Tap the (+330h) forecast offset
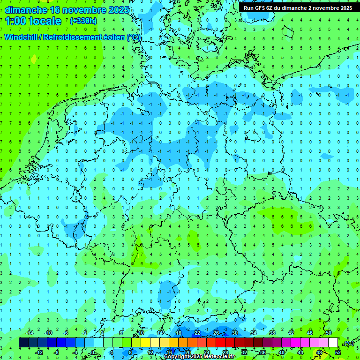click(x=83, y=21)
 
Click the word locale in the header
click(x=45, y=21)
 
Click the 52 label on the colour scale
click(x=337, y=352)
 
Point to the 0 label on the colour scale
click(x=93, y=352)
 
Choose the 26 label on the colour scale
click(x=216, y=333)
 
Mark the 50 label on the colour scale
click(x=328, y=333)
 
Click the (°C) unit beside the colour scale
click(x=349, y=343)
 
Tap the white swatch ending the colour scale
click(x=333, y=343)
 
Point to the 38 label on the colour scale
click(x=272, y=333)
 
